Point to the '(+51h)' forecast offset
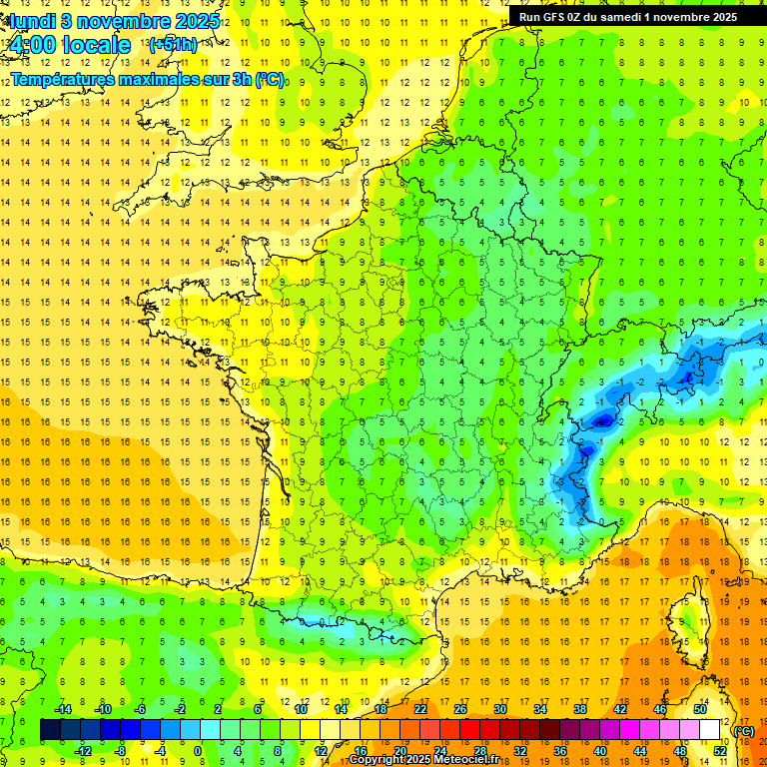pyautogui.click(x=172, y=44)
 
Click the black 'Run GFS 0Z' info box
pyautogui.click(x=628, y=16)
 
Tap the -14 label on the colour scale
pyautogui.click(x=62, y=709)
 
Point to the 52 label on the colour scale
pyautogui.click(x=719, y=751)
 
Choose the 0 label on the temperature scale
pyautogui.click(x=199, y=751)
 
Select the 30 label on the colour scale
pyautogui.click(x=499, y=709)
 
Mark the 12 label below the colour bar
pyautogui.click(x=320, y=751)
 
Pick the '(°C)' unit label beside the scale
pyautogui.click(x=744, y=731)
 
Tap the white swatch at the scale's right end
pyautogui.click(x=710, y=730)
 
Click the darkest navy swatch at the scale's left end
pyautogui.click(x=50, y=730)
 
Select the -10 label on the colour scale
pyautogui.click(x=102, y=709)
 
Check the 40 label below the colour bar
pyautogui.click(x=599, y=751)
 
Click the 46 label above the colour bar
pyautogui.click(x=659, y=709)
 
